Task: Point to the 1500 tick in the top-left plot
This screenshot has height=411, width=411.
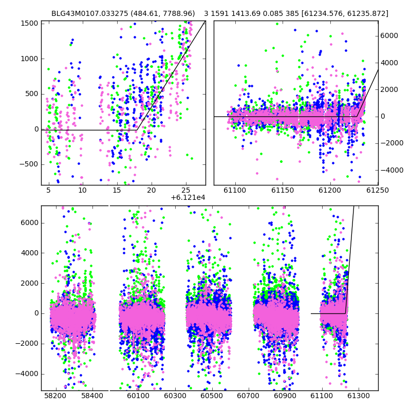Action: click(29, 23)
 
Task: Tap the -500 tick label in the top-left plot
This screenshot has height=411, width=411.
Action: click(29, 164)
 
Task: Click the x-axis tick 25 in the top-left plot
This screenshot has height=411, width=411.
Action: click(186, 190)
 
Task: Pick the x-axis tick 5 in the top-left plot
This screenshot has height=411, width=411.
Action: click(48, 190)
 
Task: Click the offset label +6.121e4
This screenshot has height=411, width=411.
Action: click(188, 197)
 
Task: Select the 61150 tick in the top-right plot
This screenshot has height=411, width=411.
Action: click(283, 190)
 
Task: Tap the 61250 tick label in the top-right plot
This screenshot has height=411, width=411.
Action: click(378, 190)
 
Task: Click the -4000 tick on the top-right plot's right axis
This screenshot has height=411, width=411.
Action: click(392, 170)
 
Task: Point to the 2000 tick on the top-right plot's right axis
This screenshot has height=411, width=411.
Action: click(389, 89)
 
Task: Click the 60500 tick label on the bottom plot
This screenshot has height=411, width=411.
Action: click(212, 396)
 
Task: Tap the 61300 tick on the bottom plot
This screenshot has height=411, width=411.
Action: click(358, 396)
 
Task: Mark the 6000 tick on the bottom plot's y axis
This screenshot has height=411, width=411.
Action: click(30, 223)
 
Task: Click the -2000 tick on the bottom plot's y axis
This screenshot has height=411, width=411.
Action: click(27, 343)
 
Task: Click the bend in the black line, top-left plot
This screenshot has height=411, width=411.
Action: click(137, 130)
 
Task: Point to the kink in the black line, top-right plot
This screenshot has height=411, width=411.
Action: click(357, 117)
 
